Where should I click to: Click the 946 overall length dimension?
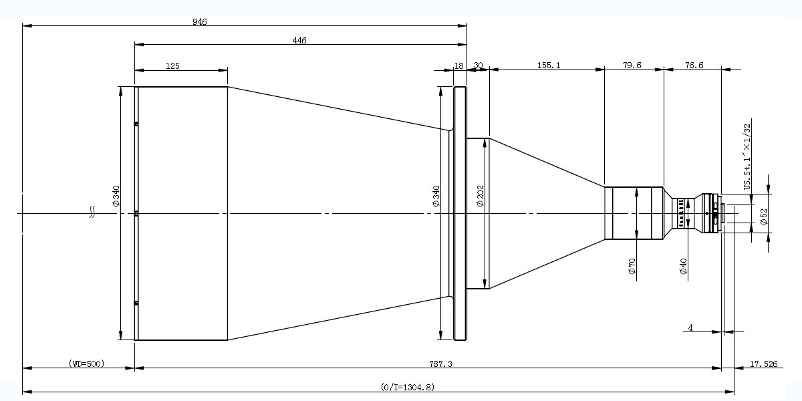(x=199, y=22)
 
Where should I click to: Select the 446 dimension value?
(x=299, y=41)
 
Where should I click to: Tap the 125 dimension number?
(x=172, y=66)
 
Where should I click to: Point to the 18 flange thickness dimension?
(x=459, y=66)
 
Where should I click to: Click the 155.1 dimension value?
(x=549, y=65)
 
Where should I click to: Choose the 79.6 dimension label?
(x=632, y=65)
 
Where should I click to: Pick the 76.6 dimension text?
(x=694, y=65)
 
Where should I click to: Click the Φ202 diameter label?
(x=481, y=196)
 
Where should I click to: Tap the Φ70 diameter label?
(x=632, y=266)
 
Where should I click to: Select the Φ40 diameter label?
(x=684, y=266)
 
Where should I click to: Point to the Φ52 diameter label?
(x=764, y=217)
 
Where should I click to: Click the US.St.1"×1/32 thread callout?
(x=747, y=157)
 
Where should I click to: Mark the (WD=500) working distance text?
(x=87, y=364)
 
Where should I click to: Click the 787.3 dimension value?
(x=440, y=364)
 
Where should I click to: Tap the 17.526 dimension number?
(x=764, y=364)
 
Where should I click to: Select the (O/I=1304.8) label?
(x=408, y=387)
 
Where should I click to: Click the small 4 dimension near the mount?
(x=690, y=327)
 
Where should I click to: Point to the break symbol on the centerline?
(x=92, y=212)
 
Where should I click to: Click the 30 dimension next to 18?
(x=479, y=65)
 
